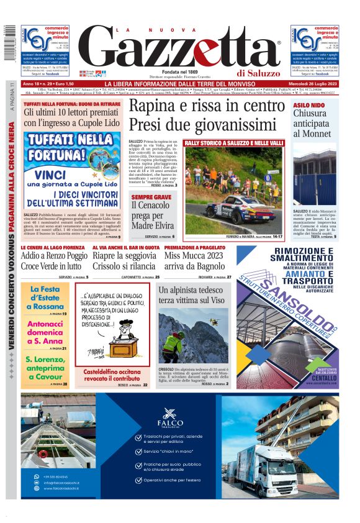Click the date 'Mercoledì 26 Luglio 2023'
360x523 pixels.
coord(314,83)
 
